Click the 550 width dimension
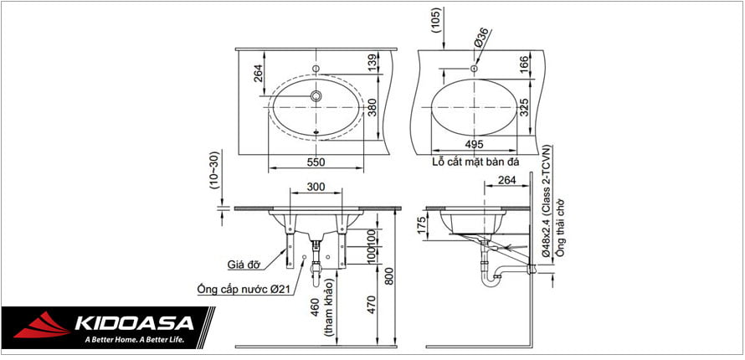coord(316,162)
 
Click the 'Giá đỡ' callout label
coord(244,264)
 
